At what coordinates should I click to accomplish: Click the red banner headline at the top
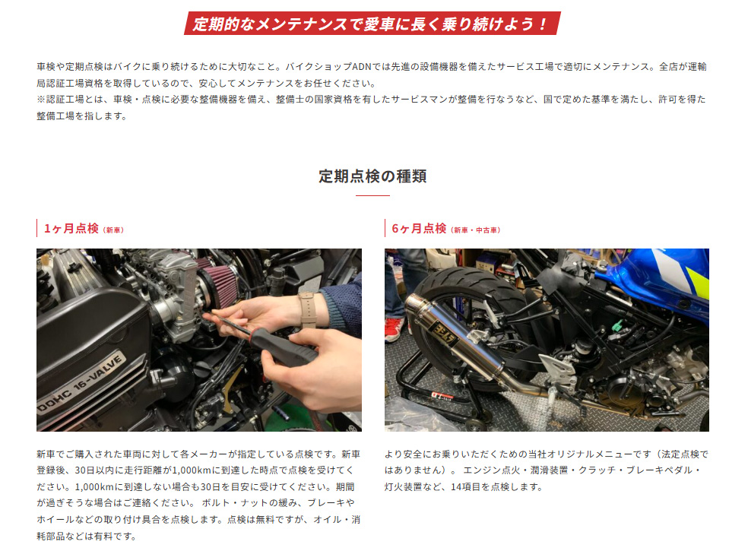(x=372, y=23)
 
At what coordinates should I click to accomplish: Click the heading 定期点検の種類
(x=372, y=176)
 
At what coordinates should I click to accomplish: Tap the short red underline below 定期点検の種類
(x=372, y=195)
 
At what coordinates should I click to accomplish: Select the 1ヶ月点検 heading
(x=71, y=229)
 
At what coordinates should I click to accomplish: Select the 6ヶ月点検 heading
(x=419, y=229)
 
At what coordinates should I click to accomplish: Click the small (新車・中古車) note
(x=475, y=230)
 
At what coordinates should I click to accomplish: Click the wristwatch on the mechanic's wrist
(x=308, y=309)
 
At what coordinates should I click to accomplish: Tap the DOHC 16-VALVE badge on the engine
(x=81, y=382)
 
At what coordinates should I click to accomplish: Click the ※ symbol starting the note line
(x=41, y=100)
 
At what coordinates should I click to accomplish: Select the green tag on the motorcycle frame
(x=616, y=328)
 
